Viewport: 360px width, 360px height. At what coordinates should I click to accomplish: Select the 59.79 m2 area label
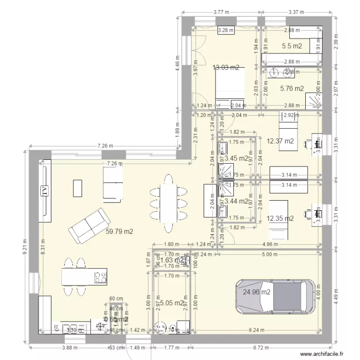click(x=119, y=231)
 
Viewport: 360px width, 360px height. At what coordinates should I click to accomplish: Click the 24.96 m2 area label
click(x=256, y=291)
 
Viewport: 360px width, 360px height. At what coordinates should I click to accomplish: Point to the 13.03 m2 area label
click(x=226, y=68)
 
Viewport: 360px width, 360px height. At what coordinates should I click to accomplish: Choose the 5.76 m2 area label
click(x=292, y=88)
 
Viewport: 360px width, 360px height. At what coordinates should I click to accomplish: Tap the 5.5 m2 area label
click(x=292, y=46)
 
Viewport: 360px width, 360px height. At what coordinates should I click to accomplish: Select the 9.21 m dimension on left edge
click(x=24, y=250)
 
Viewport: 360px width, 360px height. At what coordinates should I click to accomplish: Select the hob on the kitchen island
click(x=100, y=277)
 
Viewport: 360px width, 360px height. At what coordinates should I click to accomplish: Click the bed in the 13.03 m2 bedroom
click(x=229, y=85)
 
